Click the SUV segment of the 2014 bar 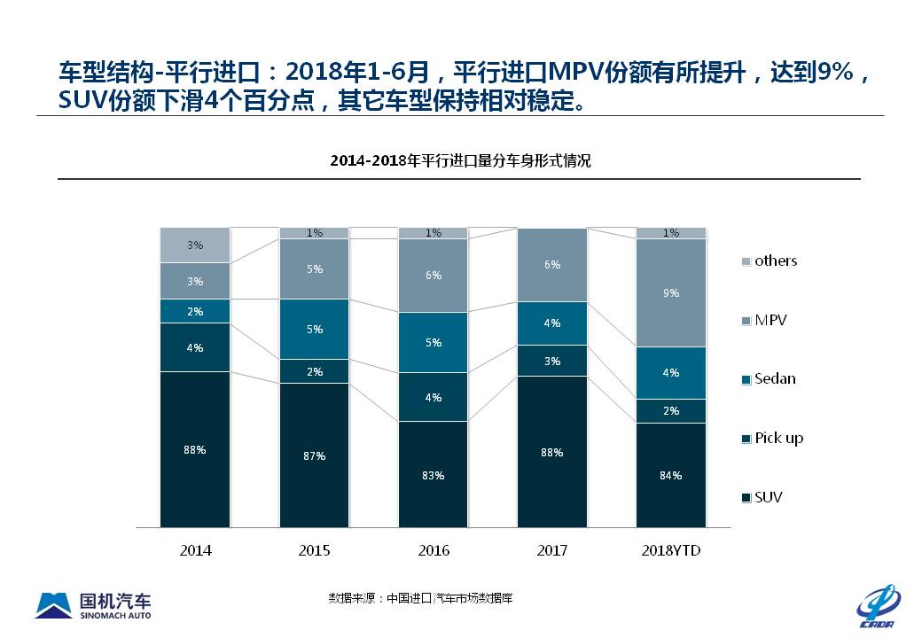click(x=195, y=449)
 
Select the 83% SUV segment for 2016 click(x=433, y=474)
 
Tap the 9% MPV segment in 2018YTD click(x=671, y=292)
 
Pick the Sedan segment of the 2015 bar click(x=315, y=329)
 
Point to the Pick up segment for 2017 click(x=551, y=361)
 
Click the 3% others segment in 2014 click(x=195, y=245)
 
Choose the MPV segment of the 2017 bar click(x=551, y=265)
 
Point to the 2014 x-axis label click(x=195, y=550)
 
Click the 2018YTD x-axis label click(x=671, y=550)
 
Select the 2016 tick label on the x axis click(x=433, y=550)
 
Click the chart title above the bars click(x=460, y=161)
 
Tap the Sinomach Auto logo click(x=93, y=604)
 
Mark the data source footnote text click(x=420, y=598)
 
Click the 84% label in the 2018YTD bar click(x=671, y=476)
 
